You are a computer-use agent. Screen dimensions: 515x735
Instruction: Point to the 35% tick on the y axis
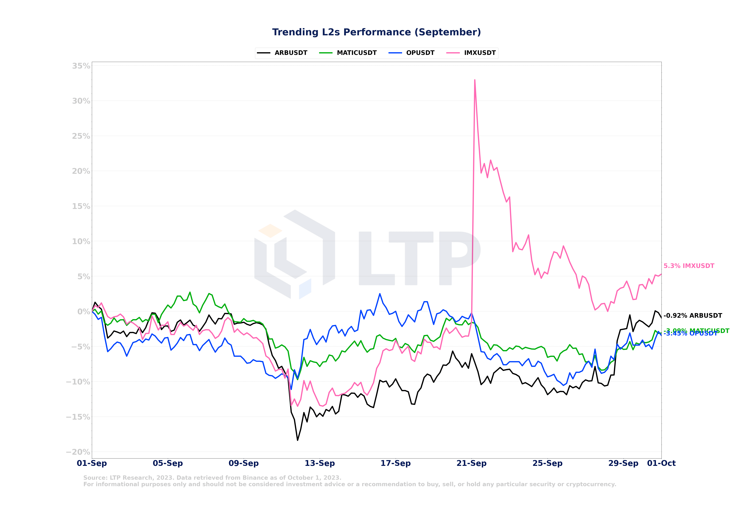tap(81, 66)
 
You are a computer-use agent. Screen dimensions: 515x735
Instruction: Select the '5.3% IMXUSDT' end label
tap(689, 266)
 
